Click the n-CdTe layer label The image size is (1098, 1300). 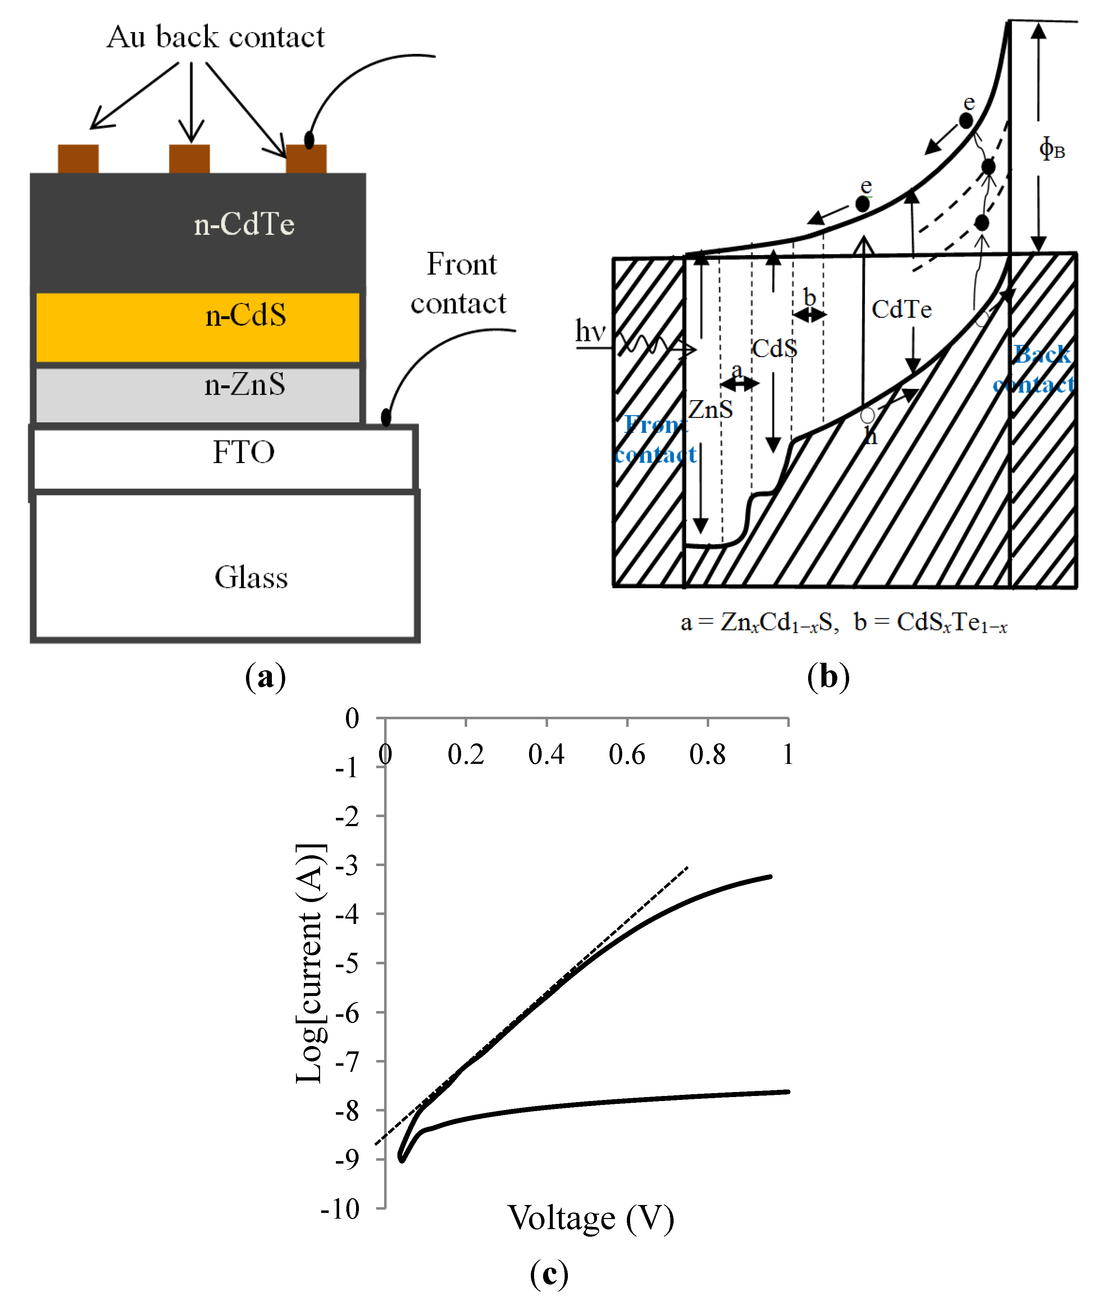coord(244,224)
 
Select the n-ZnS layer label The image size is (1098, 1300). coord(245,385)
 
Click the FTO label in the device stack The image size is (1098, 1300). coord(243,452)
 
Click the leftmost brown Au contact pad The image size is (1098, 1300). coord(78,159)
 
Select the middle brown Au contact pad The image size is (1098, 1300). coord(189,159)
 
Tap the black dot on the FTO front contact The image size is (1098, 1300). coord(386,417)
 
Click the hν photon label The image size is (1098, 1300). coord(590,331)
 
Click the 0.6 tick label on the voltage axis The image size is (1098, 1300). coord(627,755)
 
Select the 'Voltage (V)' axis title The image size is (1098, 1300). coord(591,1218)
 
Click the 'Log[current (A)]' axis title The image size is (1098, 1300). coord(309,964)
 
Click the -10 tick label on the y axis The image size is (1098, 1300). coord(341,1209)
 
